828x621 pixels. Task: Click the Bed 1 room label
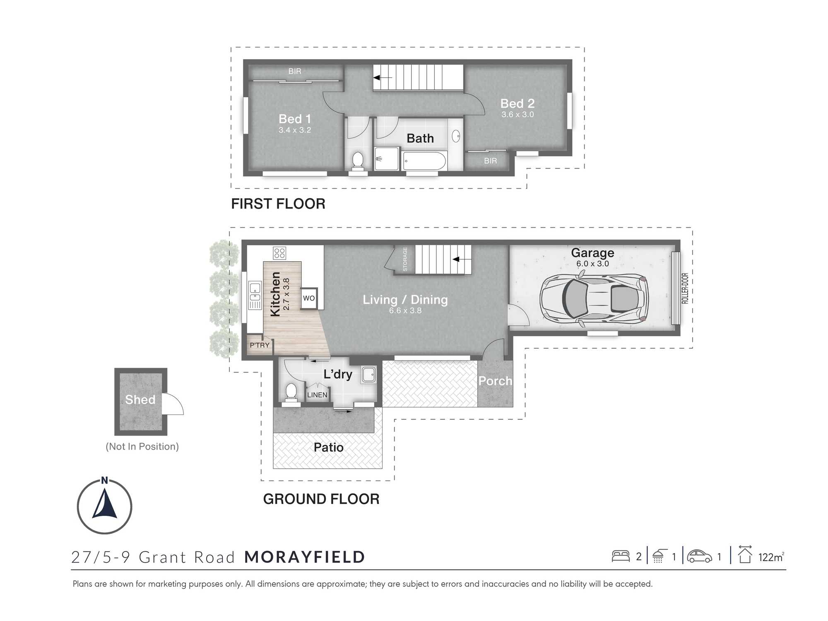(x=295, y=119)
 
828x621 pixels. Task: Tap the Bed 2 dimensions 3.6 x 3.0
(x=517, y=115)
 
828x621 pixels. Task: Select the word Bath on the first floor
(x=420, y=138)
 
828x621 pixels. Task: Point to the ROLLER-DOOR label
(x=685, y=288)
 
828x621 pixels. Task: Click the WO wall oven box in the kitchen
(x=309, y=298)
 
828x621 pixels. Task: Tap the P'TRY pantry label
(x=260, y=345)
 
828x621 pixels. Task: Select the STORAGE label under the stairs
(x=405, y=259)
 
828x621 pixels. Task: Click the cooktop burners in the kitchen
(x=279, y=253)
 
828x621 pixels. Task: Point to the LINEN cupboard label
(x=317, y=395)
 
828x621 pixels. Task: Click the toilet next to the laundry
(x=291, y=392)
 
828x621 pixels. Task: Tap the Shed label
(x=140, y=400)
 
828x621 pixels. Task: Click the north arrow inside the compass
(x=105, y=503)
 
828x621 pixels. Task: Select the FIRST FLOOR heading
(x=278, y=204)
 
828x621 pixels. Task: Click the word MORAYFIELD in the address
(x=305, y=557)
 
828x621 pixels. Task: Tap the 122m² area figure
(x=771, y=557)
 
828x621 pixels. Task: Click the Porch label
(x=495, y=381)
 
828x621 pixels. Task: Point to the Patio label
(x=329, y=448)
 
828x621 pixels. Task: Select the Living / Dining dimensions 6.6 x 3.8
(x=405, y=311)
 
